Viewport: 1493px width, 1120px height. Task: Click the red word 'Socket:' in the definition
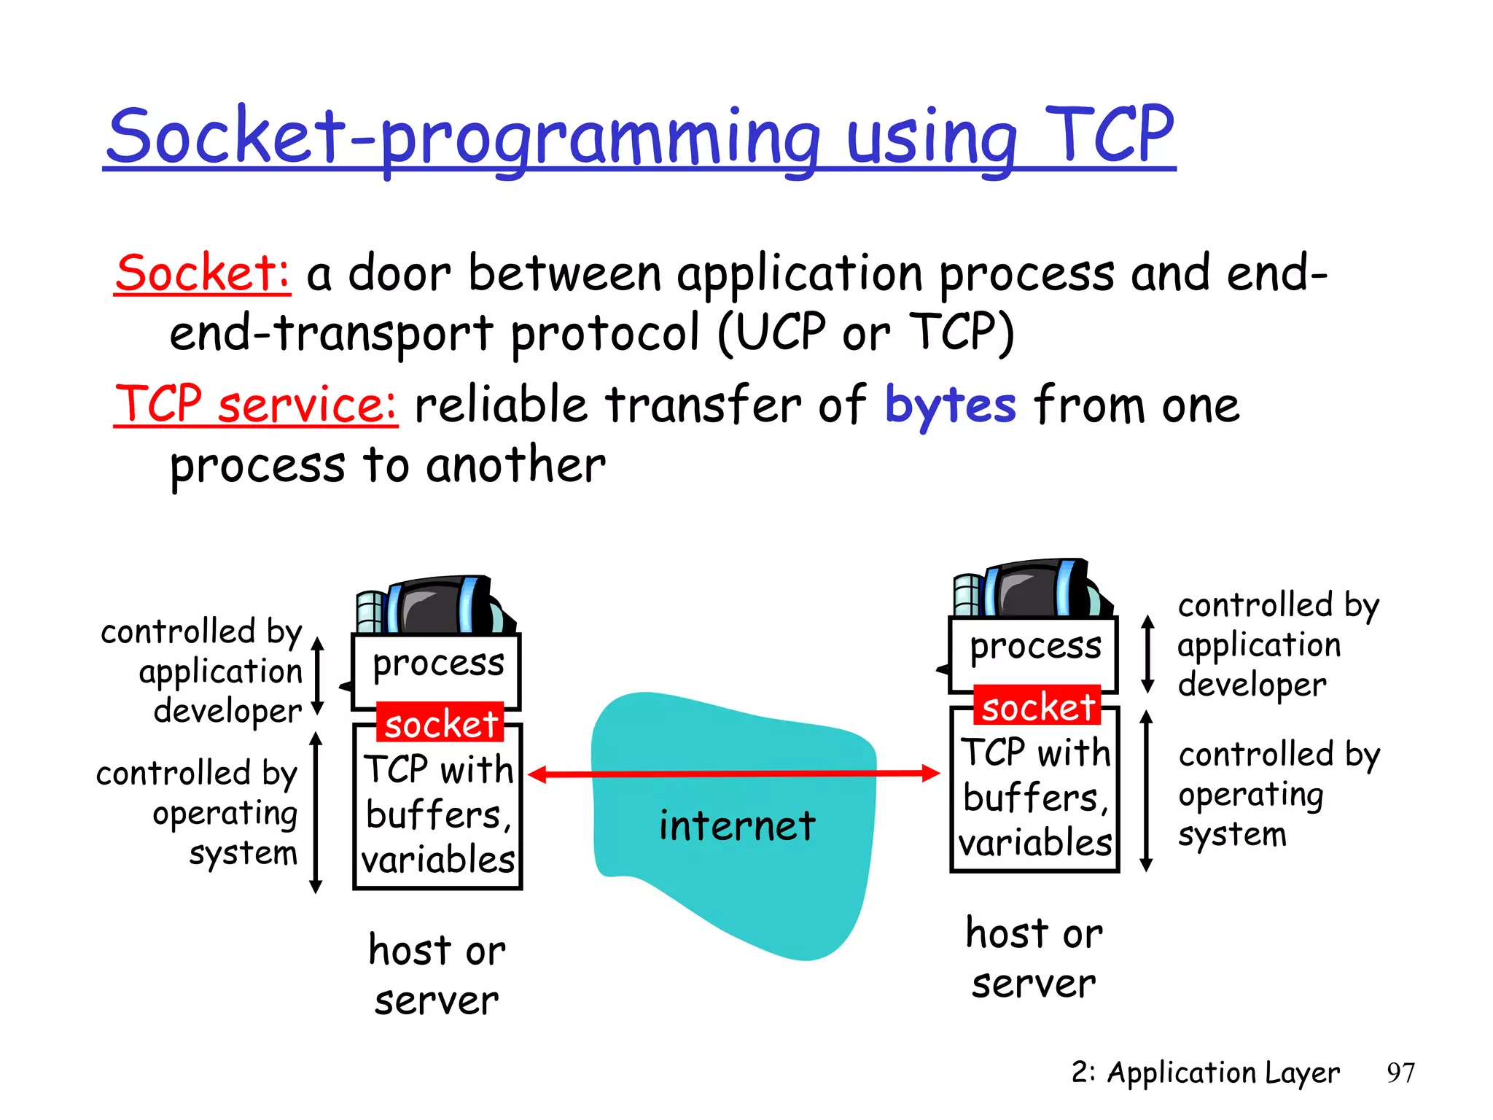(203, 274)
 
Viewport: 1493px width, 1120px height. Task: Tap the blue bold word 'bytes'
(950, 405)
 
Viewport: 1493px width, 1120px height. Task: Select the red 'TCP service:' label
(256, 405)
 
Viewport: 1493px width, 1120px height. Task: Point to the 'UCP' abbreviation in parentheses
(782, 332)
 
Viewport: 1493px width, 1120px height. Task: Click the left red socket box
(440, 723)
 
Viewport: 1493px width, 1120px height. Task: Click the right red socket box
(1037, 706)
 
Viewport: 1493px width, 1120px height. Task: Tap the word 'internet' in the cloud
(736, 826)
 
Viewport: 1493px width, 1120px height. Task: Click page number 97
(1400, 1073)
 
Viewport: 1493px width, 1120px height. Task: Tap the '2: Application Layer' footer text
(1204, 1073)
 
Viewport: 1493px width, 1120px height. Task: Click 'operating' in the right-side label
(1250, 795)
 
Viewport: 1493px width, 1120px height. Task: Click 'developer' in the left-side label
(227, 711)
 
